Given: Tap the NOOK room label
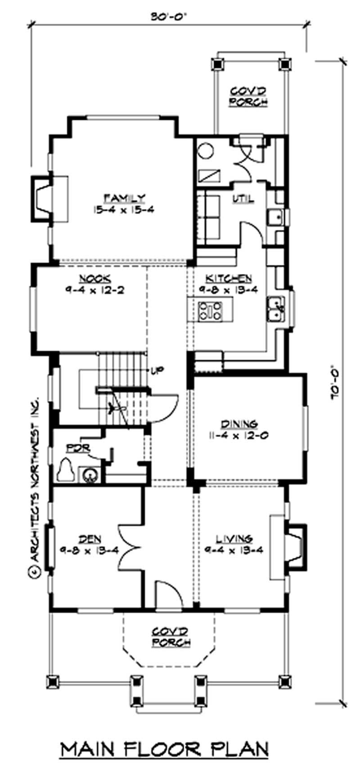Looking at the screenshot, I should tap(95, 278).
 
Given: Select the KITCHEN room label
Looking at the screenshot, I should tap(229, 278).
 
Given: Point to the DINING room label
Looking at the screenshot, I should tap(239, 423).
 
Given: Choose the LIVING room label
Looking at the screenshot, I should tap(234, 539).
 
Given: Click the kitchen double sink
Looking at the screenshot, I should tap(275, 309).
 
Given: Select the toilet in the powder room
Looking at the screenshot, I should tap(66, 470).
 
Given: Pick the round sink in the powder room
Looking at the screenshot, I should tap(88, 475).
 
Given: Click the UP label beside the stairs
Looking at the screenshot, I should tap(157, 371).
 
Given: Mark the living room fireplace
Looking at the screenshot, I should tap(295, 546).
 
